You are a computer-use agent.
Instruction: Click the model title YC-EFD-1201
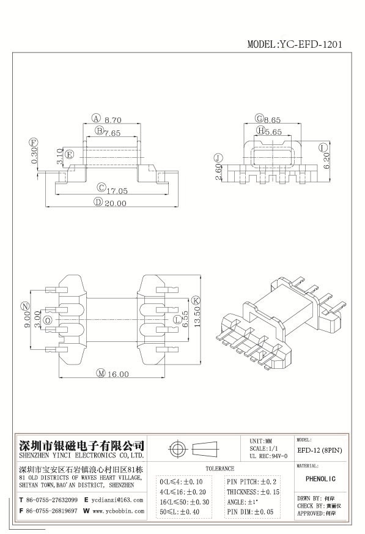point(294,44)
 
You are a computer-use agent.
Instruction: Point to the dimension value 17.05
point(117,191)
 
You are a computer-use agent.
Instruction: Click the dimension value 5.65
point(273,131)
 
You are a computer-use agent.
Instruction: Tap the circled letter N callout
point(24,306)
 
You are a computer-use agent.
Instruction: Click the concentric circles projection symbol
point(178,450)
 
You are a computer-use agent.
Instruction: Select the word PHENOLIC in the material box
point(320,478)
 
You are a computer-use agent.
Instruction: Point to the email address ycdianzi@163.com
point(117,500)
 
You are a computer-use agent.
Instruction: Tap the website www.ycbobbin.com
point(118,510)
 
